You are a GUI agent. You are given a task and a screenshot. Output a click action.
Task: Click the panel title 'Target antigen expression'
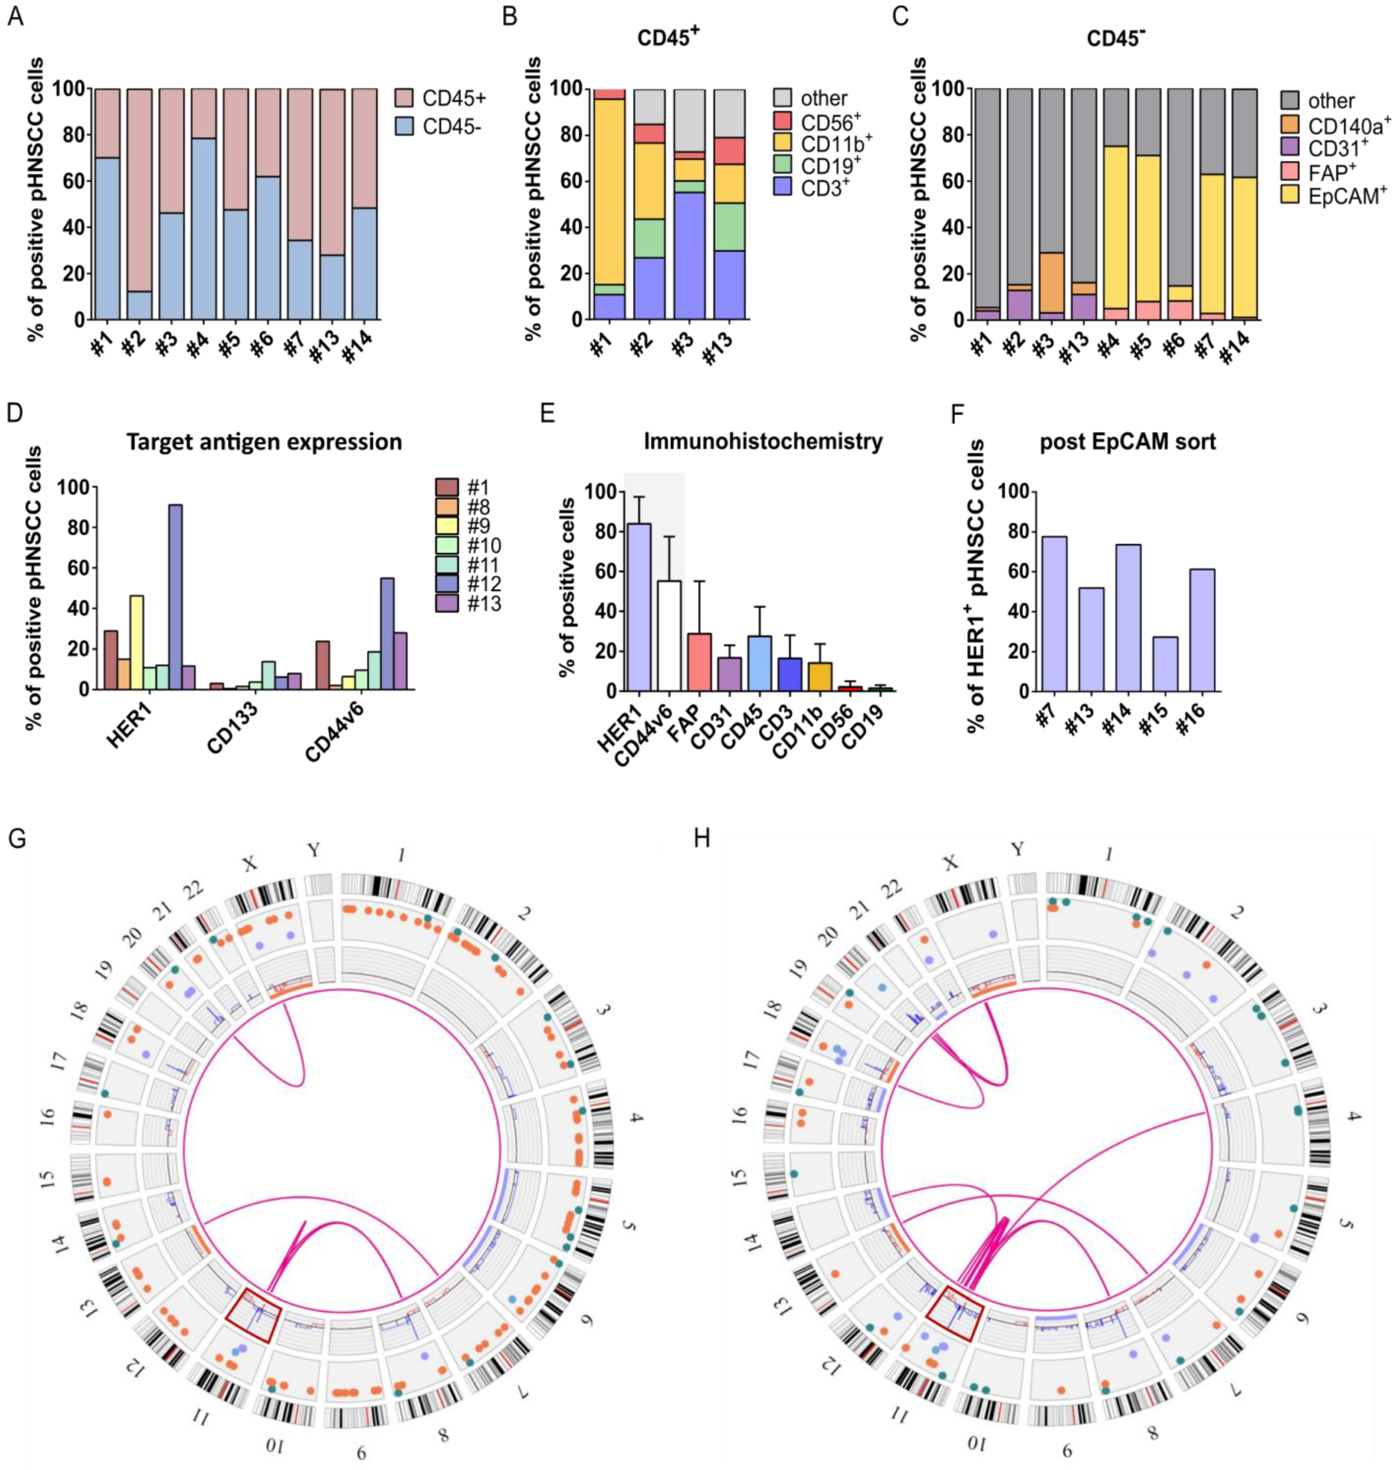pos(264,442)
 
